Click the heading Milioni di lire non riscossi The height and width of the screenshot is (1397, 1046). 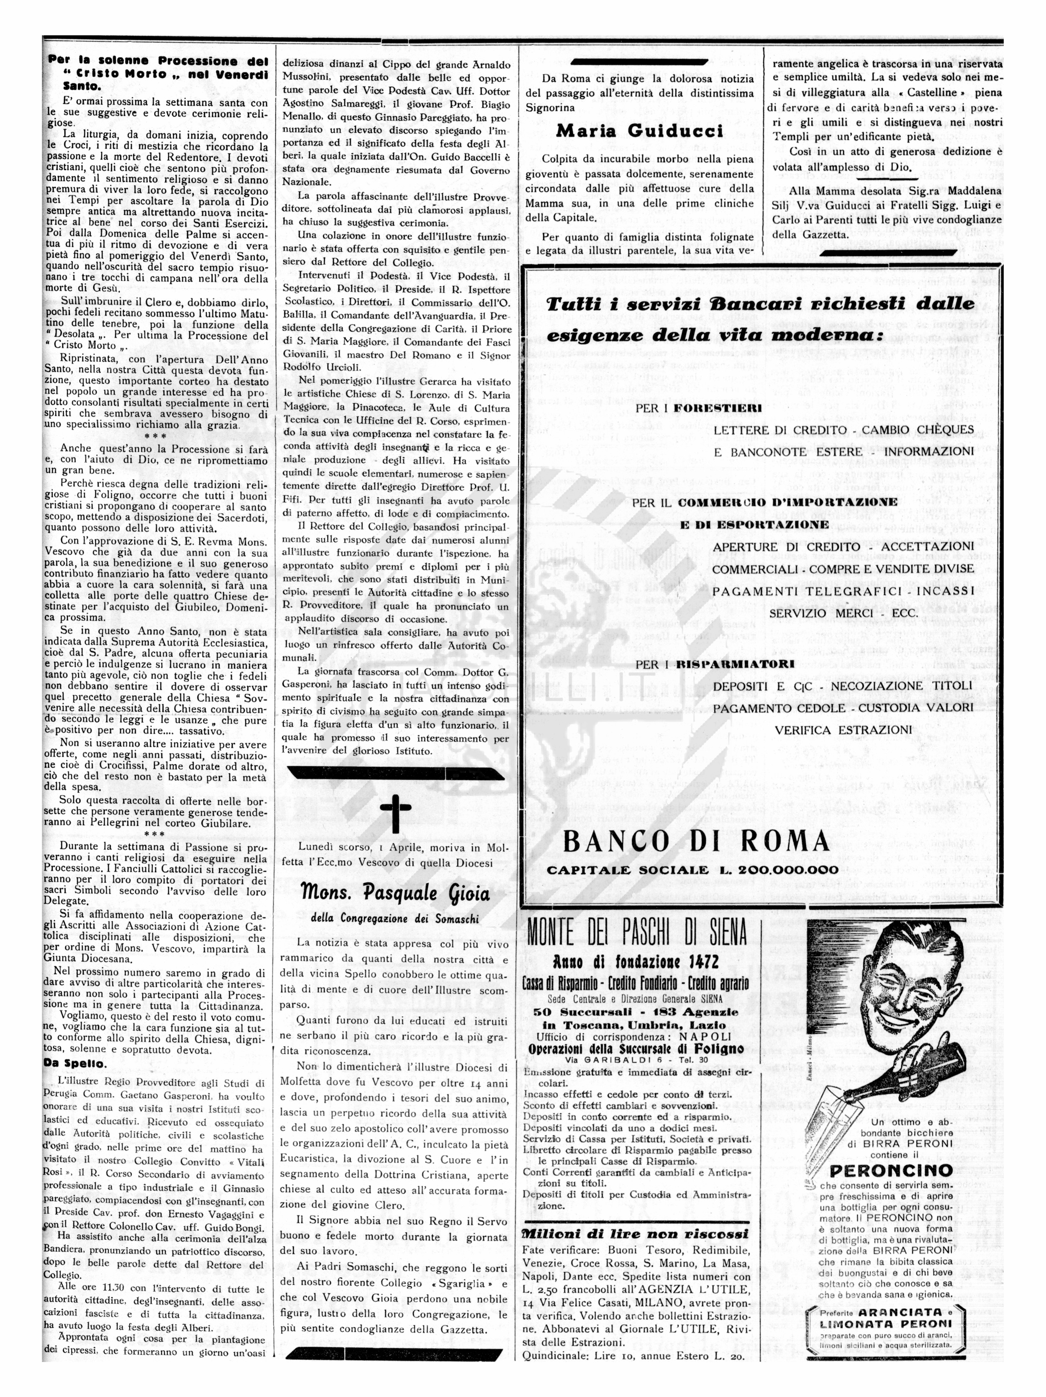(636, 1233)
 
